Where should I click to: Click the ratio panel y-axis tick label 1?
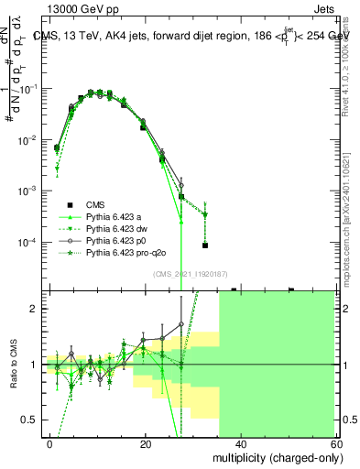point(35,365)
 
